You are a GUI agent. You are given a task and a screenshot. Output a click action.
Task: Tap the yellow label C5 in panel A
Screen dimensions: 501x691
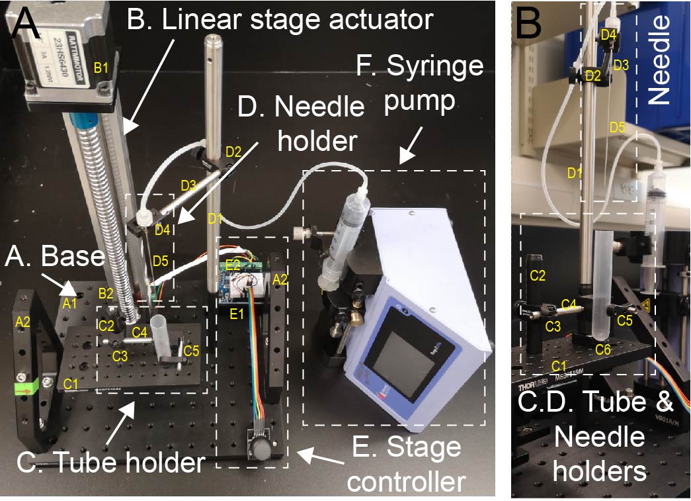(x=192, y=349)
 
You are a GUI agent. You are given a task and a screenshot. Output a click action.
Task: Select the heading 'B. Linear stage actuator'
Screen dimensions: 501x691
(x=279, y=20)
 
